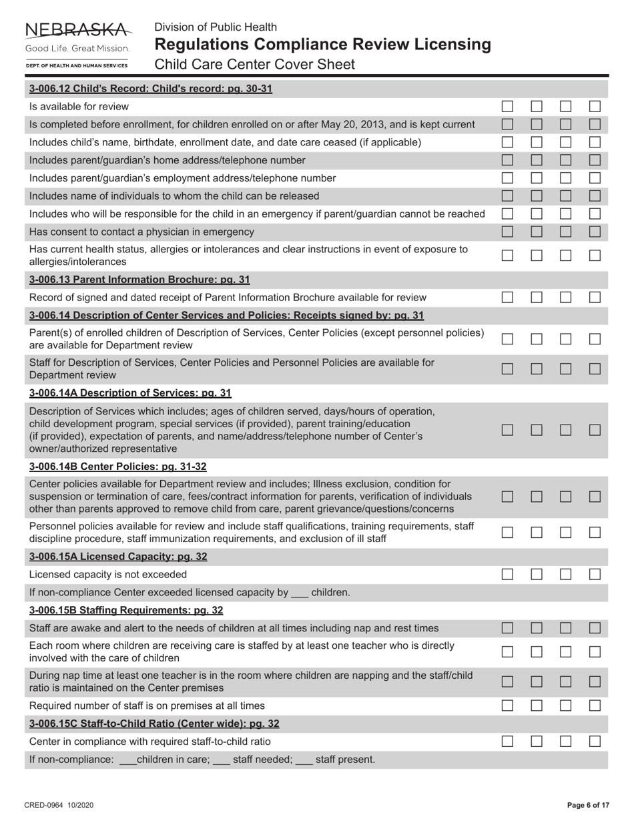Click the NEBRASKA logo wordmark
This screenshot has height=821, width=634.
[x=77, y=30]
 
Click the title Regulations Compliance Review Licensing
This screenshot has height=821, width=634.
[x=322, y=45]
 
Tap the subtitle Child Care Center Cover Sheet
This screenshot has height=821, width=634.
[x=254, y=64]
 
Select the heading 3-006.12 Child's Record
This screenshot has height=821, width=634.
[x=150, y=89]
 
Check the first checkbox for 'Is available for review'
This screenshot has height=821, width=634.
[x=507, y=106]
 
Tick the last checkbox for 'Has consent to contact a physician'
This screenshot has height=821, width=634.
[x=595, y=232]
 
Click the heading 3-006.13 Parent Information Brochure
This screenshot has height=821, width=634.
[x=139, y=279]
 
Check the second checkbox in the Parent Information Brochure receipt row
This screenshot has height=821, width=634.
[x=537, y=297]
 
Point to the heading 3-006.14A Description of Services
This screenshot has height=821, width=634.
[x=130, y=392]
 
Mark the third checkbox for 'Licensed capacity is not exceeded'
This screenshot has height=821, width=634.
[x=565, y=574]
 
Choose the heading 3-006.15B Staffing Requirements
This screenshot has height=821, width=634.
[x=126, y=610]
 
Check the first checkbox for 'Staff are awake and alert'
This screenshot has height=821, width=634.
[x=507, y=628]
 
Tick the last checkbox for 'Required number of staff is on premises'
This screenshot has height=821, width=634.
[x=595, y=706]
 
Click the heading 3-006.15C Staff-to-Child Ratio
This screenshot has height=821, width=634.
[x=154, y=724]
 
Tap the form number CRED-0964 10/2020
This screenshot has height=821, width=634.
[x=59, y=806]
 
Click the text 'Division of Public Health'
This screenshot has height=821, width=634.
[x=216, y=27]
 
